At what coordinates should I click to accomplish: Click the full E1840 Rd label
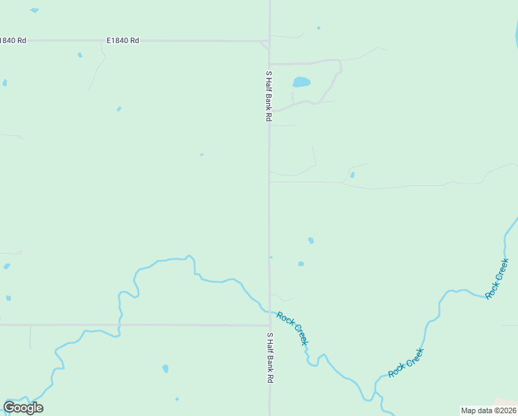[123, 41]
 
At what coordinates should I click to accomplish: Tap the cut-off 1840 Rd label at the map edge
[12, 41]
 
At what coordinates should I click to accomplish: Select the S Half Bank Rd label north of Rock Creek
[268, 96]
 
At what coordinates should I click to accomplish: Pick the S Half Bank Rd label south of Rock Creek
[270, 358]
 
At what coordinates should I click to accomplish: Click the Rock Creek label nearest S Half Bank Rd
[292, 329]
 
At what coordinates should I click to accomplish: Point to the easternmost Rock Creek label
[497, 279]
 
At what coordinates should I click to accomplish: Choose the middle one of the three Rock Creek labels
[406, 363]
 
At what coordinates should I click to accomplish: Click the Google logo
[23, 408]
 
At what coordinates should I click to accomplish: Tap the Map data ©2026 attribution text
[488, 410]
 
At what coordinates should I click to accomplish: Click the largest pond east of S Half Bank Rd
[301, 82]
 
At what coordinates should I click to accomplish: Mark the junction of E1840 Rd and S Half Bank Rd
[269, 42]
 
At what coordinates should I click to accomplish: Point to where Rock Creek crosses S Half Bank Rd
[269, 311]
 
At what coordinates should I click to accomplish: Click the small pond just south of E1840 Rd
[80, 55]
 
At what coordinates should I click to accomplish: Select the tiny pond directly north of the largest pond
[319, 28]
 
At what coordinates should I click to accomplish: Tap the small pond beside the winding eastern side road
[352, 175]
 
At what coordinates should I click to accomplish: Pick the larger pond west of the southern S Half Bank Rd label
[166, 368]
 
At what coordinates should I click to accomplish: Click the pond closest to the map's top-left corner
[34, 10]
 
